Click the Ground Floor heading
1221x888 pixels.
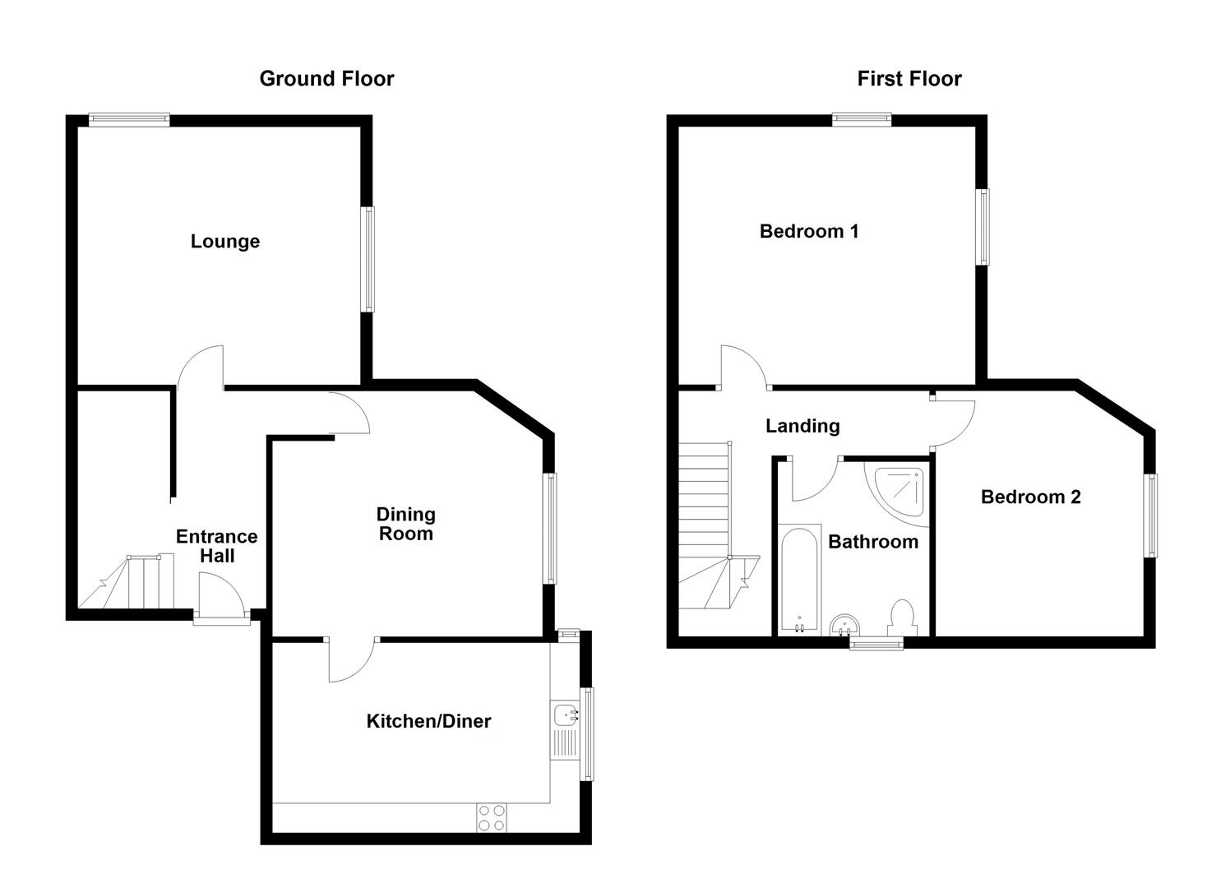tap(326, 79)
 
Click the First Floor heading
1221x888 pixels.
tap(909, 79)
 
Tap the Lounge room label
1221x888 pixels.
tap(225, 242)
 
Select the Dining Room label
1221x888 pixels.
tap(405, 525)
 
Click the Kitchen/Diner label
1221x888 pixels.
tap(428, 722)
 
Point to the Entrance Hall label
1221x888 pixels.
tap(217, 547)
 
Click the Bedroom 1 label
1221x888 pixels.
tap(809, 232)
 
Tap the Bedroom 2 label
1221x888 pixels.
tap(1030, 497)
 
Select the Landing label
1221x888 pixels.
tap(802, 426)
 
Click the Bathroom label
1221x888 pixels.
tap(872, 542)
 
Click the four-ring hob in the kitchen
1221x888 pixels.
tap(492, 817)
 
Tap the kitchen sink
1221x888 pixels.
tap(565, 715)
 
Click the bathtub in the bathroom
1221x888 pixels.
tap(799, 580)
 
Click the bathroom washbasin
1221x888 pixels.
tap(844, 627)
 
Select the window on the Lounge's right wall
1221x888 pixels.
tap(368, 259)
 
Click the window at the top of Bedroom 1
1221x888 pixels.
tap(861, 120)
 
